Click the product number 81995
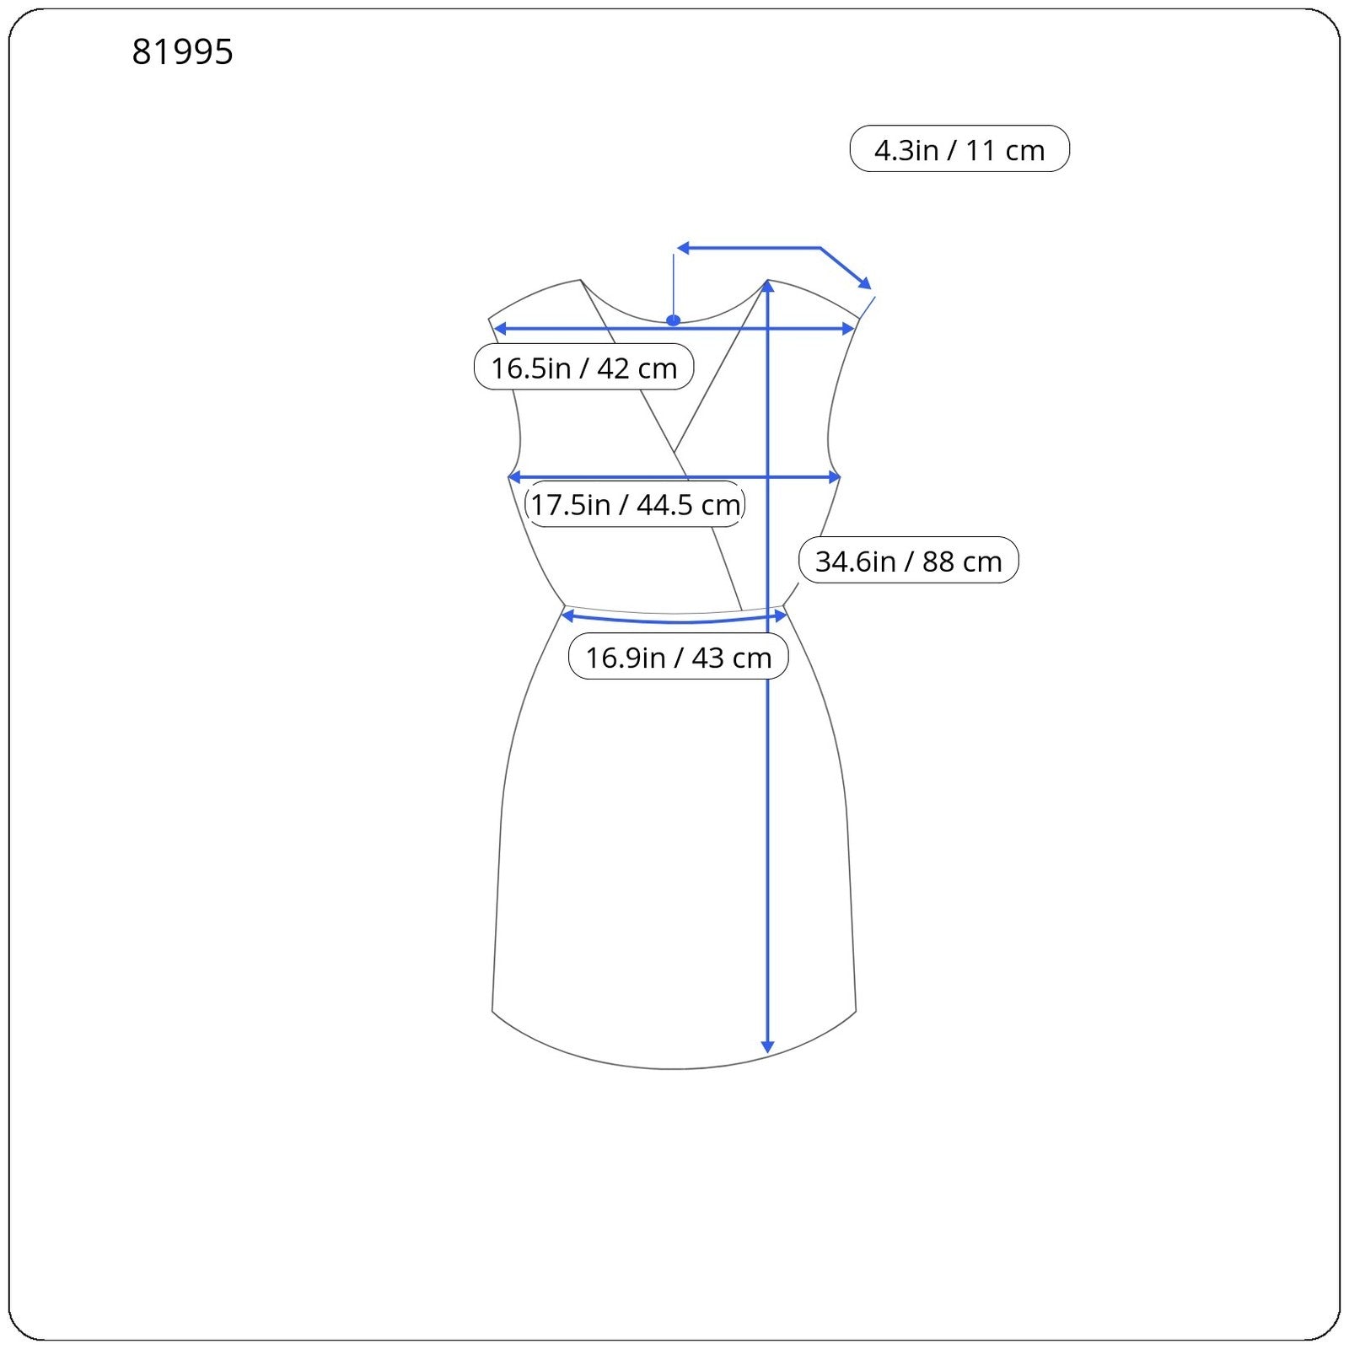[182, 52]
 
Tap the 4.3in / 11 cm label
[959, 149]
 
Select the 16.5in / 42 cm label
[583, 368]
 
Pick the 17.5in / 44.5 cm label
[635, 504]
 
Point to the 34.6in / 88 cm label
[908, 561]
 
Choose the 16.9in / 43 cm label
[678, 657]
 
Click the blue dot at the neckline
[673, 320]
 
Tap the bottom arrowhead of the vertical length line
[767, 1046]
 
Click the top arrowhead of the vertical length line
[767, 287]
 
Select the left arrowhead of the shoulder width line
[499, 328]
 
